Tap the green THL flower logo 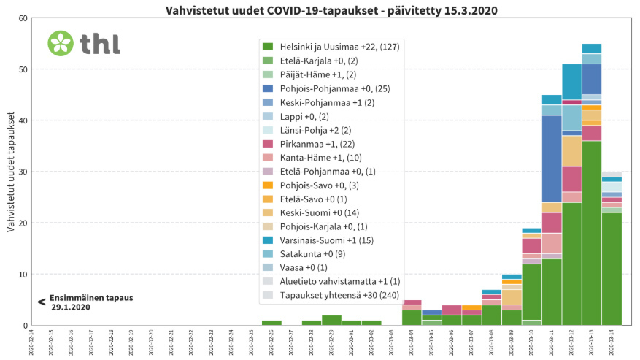point(61,43)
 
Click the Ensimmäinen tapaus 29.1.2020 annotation point(80,302)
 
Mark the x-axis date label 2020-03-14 point(612,342)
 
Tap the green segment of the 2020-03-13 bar point(591,233)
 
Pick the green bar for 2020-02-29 point(331,321)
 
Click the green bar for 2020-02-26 point(271,323)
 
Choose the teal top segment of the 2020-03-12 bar point(571,81)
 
